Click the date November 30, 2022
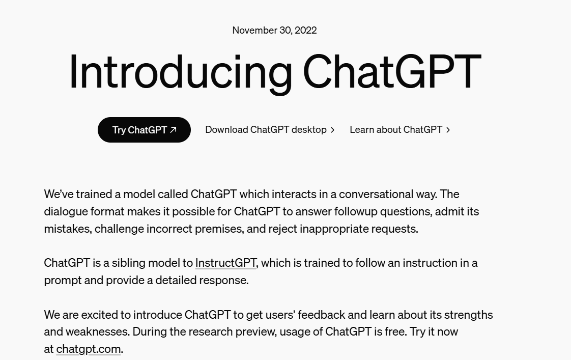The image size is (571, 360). [x=274, y=30]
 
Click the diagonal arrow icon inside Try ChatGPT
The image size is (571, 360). [x=173, y=130]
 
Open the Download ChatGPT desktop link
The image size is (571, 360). [x=266, y=130]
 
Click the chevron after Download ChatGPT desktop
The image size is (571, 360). [x=333, y=130]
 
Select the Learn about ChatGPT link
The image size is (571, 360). [x=395, y=130]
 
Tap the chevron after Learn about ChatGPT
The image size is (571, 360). [x=448, y=130]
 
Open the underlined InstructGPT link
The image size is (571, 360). [x=225, y=263]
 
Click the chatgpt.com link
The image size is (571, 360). [x=88, y=349]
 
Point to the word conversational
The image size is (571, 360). [x=377, y=194]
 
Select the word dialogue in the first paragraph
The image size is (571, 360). [x=66, y=211]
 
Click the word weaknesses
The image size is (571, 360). [x=97, y=331]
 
